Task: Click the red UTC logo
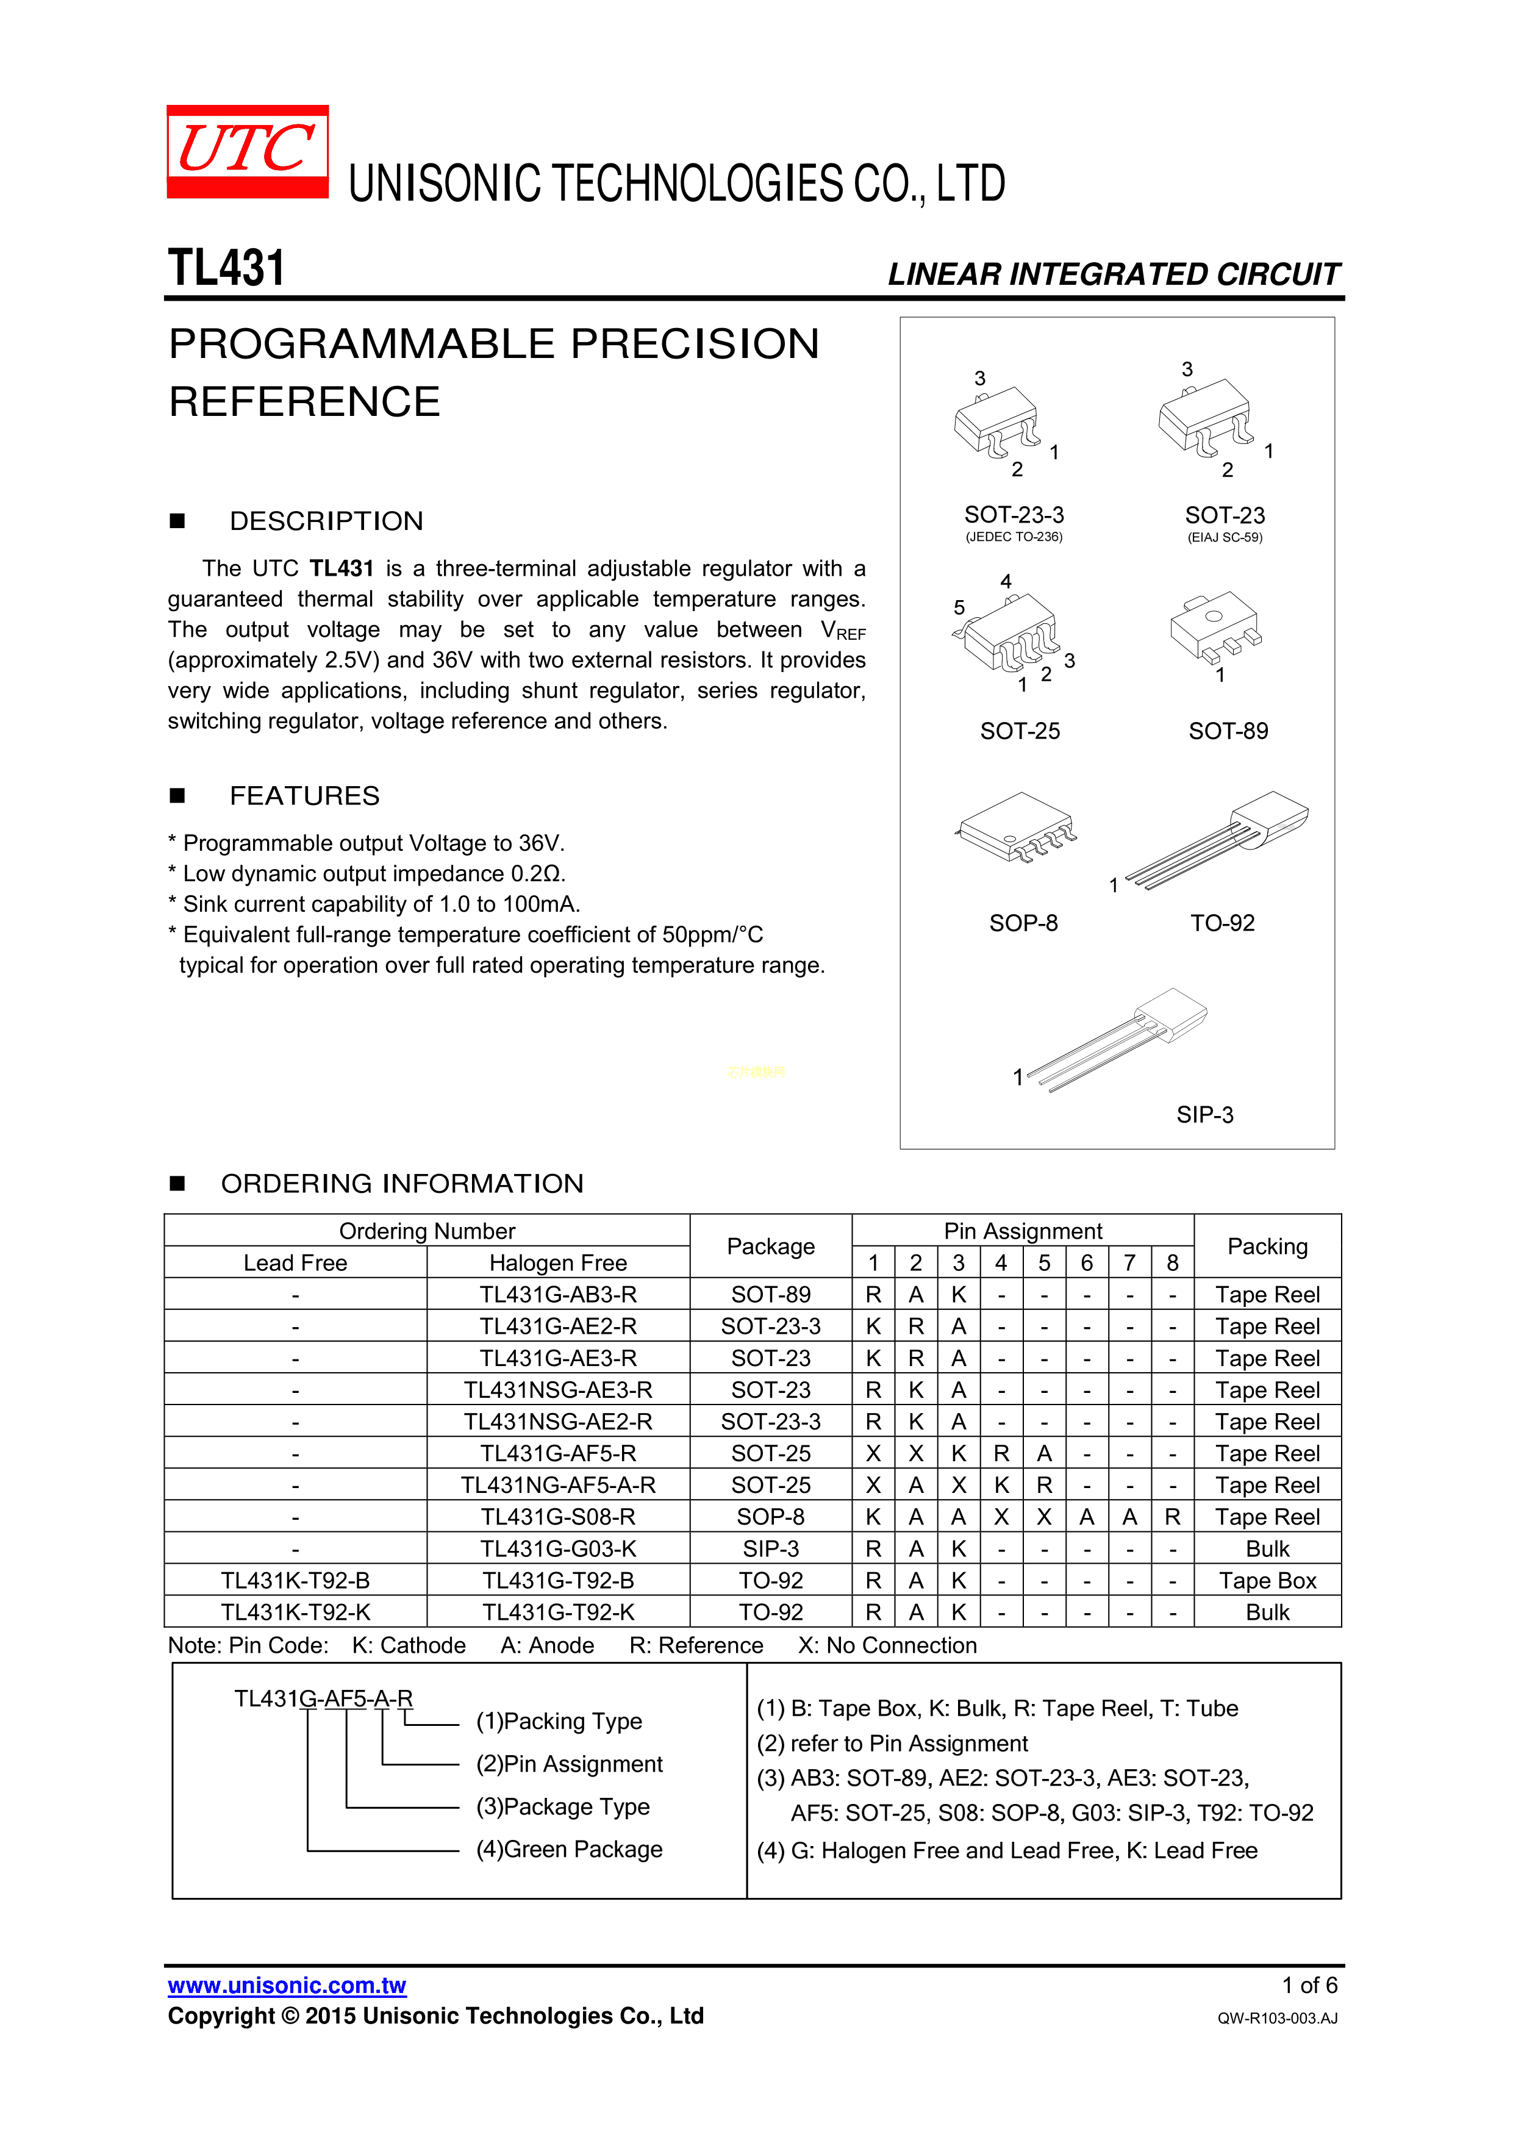click(247, 151)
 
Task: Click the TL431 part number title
click(226, 268)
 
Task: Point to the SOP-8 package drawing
click(1015, 828)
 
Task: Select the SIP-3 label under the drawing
click(1204, 1115)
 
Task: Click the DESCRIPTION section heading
click(326, 521)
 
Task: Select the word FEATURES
click(305, 796)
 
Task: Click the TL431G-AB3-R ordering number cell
click(559, 1295)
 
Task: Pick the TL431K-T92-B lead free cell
click(296, 1581)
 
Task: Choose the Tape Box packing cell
click(1267, 1581)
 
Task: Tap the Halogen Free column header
click(559, 1263)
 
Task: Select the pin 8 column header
click(1172, 1263)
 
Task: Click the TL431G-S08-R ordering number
click(559, 1517)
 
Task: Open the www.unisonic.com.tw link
click(287, 1986)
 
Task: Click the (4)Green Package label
click(568, 1849)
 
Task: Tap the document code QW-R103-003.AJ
click(1276, 2019)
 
